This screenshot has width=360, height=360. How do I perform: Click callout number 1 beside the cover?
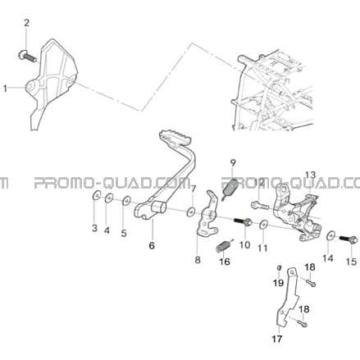coord(5,89)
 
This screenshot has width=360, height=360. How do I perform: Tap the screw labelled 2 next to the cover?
coord(28,56)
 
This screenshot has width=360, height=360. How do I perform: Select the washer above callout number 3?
coord(95,196)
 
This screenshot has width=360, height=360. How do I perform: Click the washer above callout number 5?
coord(126,201)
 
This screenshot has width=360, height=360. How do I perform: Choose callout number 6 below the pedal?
coord(152,245)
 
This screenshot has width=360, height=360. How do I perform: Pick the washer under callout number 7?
coord(191,212)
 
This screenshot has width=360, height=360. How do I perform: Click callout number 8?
coord(198,259)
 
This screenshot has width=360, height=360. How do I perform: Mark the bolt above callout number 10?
coord(243,221)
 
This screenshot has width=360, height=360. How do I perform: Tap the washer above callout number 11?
coord(263,225)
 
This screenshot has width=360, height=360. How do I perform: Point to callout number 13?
coord(310,175)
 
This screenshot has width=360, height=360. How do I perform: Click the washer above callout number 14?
coord(331,235)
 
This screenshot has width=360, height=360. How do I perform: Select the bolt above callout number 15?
coord(349,239)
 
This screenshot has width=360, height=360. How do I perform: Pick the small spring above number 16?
coord(225,246)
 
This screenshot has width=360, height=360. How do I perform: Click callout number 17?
coord(276,339)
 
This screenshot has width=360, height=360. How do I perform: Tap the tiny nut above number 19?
coord(279,267)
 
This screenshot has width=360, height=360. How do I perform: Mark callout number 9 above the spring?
coord(233,162)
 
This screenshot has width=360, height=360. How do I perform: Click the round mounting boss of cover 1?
coord(30,86)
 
